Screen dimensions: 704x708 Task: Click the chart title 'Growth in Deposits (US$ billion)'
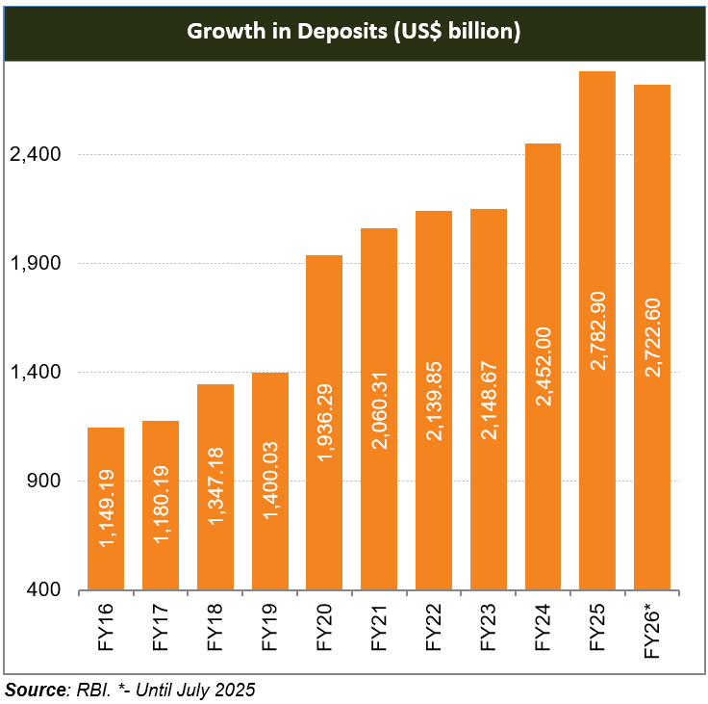353,32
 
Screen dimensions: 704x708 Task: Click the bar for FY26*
652,337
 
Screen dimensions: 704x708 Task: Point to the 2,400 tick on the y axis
35,155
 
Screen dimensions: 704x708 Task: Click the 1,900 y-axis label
35,264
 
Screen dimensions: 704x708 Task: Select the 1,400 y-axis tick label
35,373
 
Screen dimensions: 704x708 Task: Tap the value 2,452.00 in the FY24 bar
544,367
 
